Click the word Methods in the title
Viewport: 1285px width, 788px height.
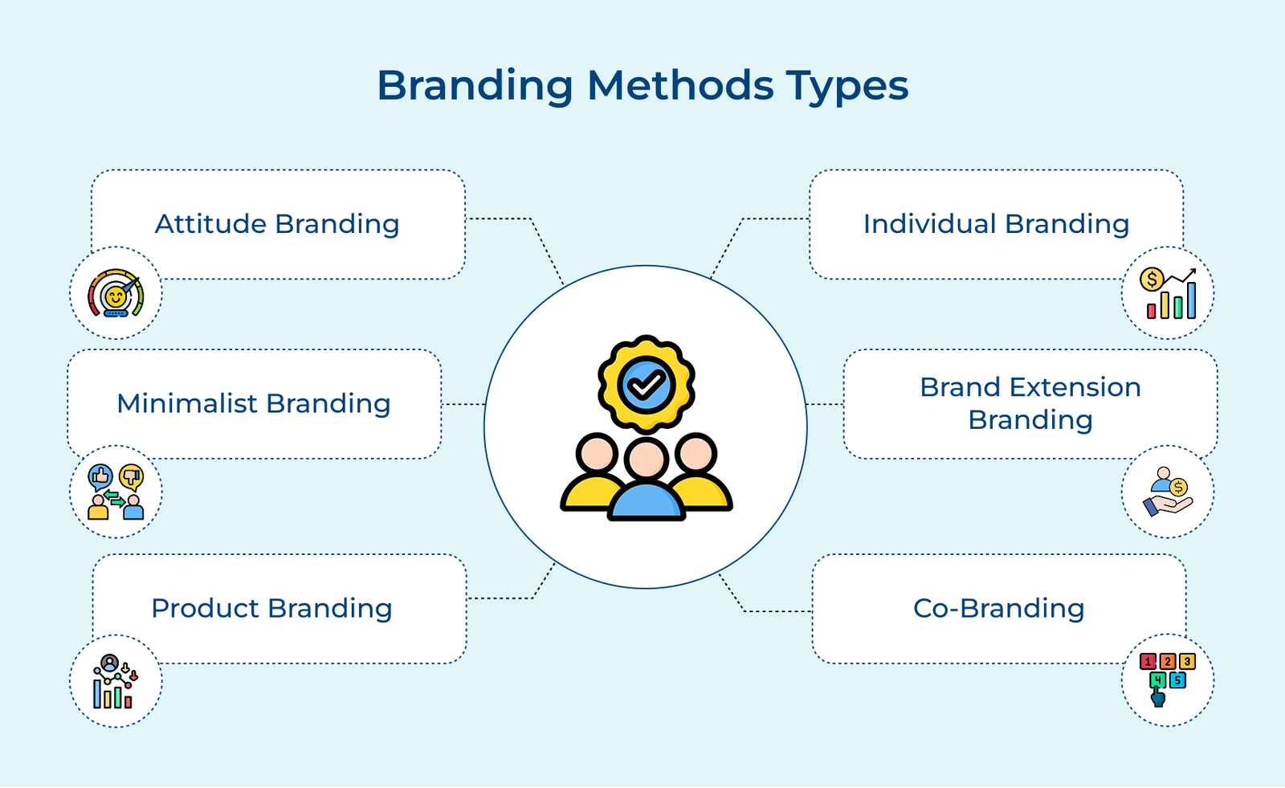(680, 85)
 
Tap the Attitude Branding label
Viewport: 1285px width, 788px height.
(277, 224)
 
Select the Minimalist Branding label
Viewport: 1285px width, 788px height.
(254, 403)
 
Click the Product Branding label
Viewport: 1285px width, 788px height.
(271, 608)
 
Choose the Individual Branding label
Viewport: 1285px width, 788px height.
(996, 224)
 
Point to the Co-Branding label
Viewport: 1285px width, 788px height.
(998, 608)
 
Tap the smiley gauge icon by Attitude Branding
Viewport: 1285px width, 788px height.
(116, 293)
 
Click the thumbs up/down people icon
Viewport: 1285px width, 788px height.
(116, 492)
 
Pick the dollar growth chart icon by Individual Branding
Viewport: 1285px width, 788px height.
(1168, 293)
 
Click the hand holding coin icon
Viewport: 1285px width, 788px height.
(1168, 492)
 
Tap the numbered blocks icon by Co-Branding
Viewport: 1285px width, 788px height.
(1168, 680)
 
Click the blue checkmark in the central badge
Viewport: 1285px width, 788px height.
(647, 386)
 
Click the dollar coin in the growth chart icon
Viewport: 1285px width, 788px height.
(1152, 280)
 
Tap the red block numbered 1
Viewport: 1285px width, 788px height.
(1148, 662)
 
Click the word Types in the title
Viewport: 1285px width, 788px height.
(846, 85)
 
